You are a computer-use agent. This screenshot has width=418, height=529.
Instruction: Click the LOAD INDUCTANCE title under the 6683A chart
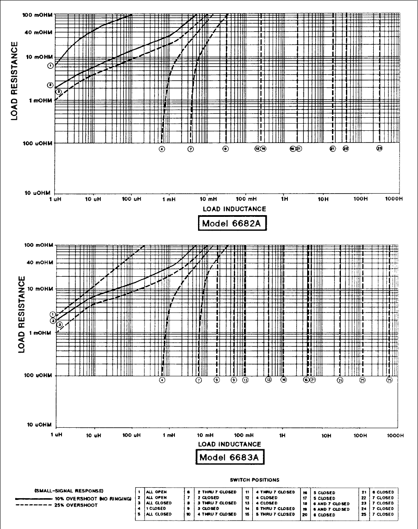(230, 444)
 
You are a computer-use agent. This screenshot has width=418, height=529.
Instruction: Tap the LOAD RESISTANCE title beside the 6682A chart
(15, 80)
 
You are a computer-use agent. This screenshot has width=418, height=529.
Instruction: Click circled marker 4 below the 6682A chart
(161, 149)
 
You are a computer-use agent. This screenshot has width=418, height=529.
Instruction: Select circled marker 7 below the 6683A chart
(199, 380)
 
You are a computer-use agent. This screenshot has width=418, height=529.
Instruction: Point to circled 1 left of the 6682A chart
(51, 65)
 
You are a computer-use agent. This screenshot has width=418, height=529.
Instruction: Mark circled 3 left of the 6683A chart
(60, 324)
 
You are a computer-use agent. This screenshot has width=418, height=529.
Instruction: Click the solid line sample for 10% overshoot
(32, 499)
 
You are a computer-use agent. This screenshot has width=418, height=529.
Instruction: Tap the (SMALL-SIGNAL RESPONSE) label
(68, 491)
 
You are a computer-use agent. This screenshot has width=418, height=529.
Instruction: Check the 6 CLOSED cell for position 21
(383, 492)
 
